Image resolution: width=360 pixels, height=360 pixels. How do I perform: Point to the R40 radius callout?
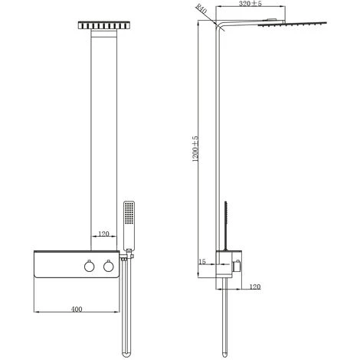click(201, 11)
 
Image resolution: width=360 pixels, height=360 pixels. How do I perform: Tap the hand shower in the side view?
click(227, 222)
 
